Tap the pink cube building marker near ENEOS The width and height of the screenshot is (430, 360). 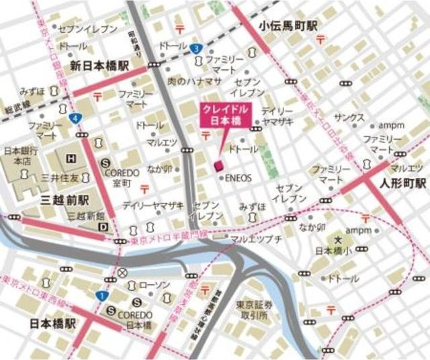(x=218, y=165)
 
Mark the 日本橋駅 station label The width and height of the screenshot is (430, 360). (x=53, y=323)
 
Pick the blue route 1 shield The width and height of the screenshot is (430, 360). (x=100, y=295)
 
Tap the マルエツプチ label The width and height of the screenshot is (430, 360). (x=256, y=239)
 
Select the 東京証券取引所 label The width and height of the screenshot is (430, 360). (x=252, y=310)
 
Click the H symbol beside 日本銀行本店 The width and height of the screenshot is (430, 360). (x=71, y=159)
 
